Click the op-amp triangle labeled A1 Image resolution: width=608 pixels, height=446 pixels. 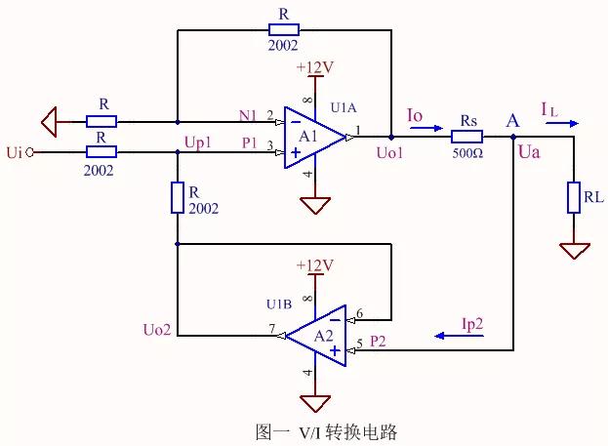(311, 138)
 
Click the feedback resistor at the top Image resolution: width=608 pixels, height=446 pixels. (283, 30)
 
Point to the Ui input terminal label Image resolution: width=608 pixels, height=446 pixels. (14, 152)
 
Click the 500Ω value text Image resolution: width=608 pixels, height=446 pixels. (466, 153)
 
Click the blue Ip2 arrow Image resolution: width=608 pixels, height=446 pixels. (452, 336)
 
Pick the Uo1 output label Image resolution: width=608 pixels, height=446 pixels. (389, 154)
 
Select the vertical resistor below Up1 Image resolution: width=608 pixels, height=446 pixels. (178, 198)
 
